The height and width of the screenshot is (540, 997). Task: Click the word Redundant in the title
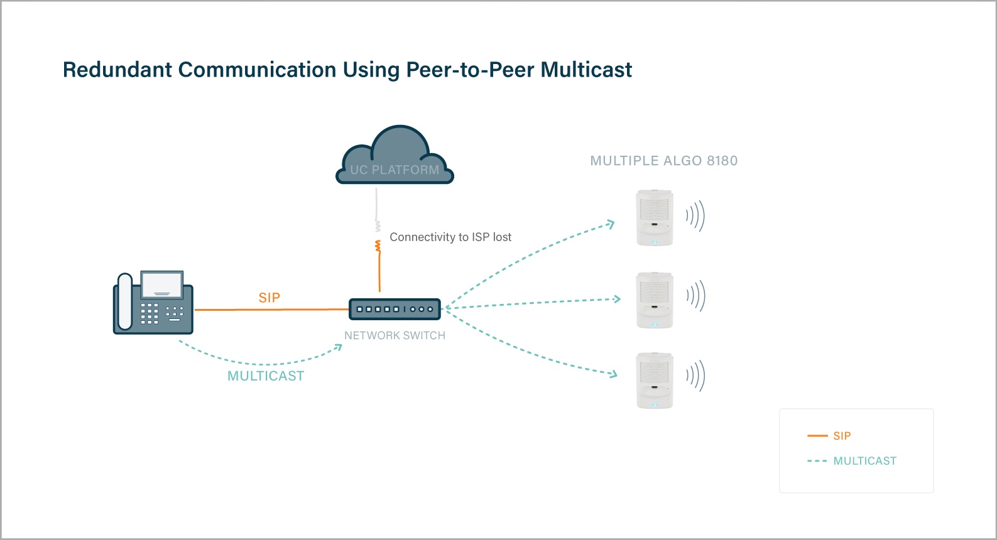(x=117, y=70)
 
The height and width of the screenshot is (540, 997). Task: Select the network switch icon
(x=395, y=309)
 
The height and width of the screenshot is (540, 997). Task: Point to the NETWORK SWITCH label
(x=395, y=336)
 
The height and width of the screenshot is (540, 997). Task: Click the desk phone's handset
(x=125, y=302)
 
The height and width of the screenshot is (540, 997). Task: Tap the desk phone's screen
(x=162, y=284)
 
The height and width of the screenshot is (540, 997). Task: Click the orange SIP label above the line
(x=270, y=298)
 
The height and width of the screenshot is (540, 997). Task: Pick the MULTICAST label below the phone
(x=266, y=376)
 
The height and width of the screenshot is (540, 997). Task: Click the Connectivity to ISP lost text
(x=450, y=237)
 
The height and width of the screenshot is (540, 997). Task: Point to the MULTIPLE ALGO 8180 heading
(x=664, y=161)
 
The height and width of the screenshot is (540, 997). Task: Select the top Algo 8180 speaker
(x=655, y=217)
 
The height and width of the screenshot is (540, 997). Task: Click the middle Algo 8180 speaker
(x=655, y=300)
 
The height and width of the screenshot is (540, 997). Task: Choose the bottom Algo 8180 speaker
(x=655, y=380)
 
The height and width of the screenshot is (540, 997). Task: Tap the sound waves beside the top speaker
(x=695, y=216)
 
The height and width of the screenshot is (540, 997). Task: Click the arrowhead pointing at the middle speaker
(x=617, y=299)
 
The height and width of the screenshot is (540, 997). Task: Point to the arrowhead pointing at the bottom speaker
(x=614, y=374)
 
